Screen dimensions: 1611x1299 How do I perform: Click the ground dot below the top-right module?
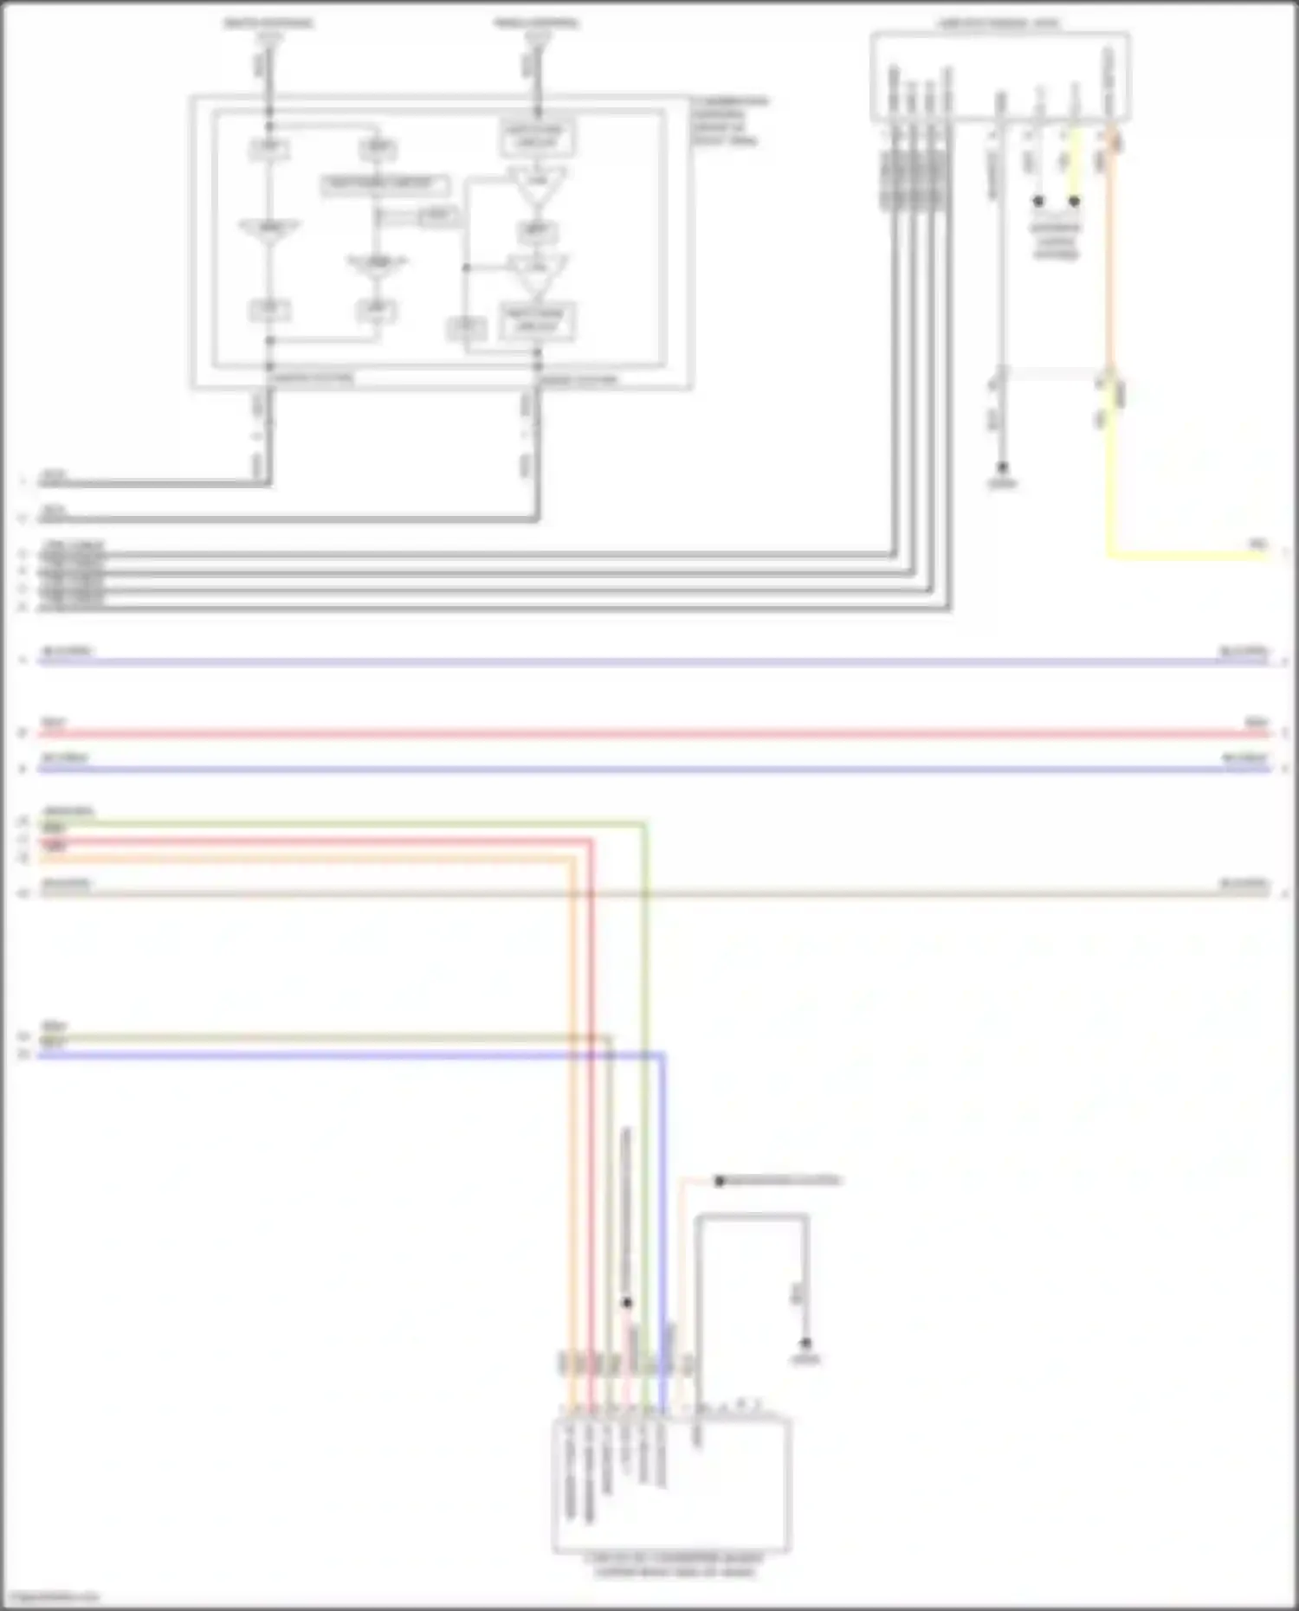pyautogui.click(x=1002, y=467)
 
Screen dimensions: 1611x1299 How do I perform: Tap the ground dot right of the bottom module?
pyautogui.click(x=805, y=1344)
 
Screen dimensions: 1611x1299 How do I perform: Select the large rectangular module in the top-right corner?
pyautogui.click(x=999, y=76)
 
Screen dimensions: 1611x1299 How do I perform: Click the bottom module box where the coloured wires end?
pyautogui.click(x=671, y=1485)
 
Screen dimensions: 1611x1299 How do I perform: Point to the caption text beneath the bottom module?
pyautogui.click(x=674, y=1565)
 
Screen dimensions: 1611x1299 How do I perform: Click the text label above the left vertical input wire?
pyautogui.click(x=268, y=23)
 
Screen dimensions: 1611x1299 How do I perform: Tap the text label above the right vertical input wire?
pyautogui.click(x=537, y=23)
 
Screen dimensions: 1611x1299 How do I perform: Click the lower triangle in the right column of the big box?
pyautogui.click(x=537, y=273)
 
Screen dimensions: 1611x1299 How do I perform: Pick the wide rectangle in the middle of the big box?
pyautogui.click(x=385, y=184)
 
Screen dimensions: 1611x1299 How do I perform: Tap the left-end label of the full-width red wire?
pyautogui.click(x=54, y=722)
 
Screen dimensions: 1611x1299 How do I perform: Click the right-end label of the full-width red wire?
pyautogui.click(x=1256, y=722)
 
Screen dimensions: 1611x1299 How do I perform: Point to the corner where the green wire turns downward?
pyautogui.click(x=645, y=824)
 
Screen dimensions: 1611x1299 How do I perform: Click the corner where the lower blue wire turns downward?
pyautogui.click(x=663, y=1055)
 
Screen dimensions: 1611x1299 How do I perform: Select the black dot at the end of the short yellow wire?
pyautogui.click(x=1074, y=201)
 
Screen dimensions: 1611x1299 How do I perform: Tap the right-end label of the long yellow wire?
pyautogui.click(x=1257, y=544)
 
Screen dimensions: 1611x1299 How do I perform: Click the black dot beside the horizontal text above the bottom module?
pyautogui.click(x=719, y=1181)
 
